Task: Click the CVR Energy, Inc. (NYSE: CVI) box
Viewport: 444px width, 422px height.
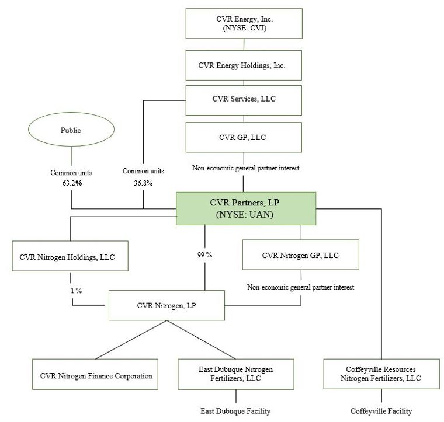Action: (244, 23)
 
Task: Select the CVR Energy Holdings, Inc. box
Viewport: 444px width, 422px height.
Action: (244, 65)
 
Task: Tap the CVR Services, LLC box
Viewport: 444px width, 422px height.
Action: (244, 100)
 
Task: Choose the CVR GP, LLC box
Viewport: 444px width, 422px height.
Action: (244, 137)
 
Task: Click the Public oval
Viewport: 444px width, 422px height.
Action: (71, 130)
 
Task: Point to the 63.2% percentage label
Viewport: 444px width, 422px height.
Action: (70, 183)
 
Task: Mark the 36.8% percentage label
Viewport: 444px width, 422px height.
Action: (143, 183)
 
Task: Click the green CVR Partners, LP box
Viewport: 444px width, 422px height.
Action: (246, 208)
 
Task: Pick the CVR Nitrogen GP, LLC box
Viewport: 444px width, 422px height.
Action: (300, 255)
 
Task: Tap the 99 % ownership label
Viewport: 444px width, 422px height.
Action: (204, 255)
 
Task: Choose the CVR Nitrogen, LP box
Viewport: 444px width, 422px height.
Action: (168, 304)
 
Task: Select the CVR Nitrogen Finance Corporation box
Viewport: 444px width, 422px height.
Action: (96, 375)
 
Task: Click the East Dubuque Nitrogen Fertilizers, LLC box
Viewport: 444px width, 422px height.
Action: (235, 374)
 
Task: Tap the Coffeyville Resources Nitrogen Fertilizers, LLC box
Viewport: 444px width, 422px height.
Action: (381, 374)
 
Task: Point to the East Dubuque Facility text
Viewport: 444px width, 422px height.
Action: (235, 411)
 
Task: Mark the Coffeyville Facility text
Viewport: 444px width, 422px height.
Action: (381, 411)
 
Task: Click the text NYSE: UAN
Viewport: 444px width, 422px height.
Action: (246, 214)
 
